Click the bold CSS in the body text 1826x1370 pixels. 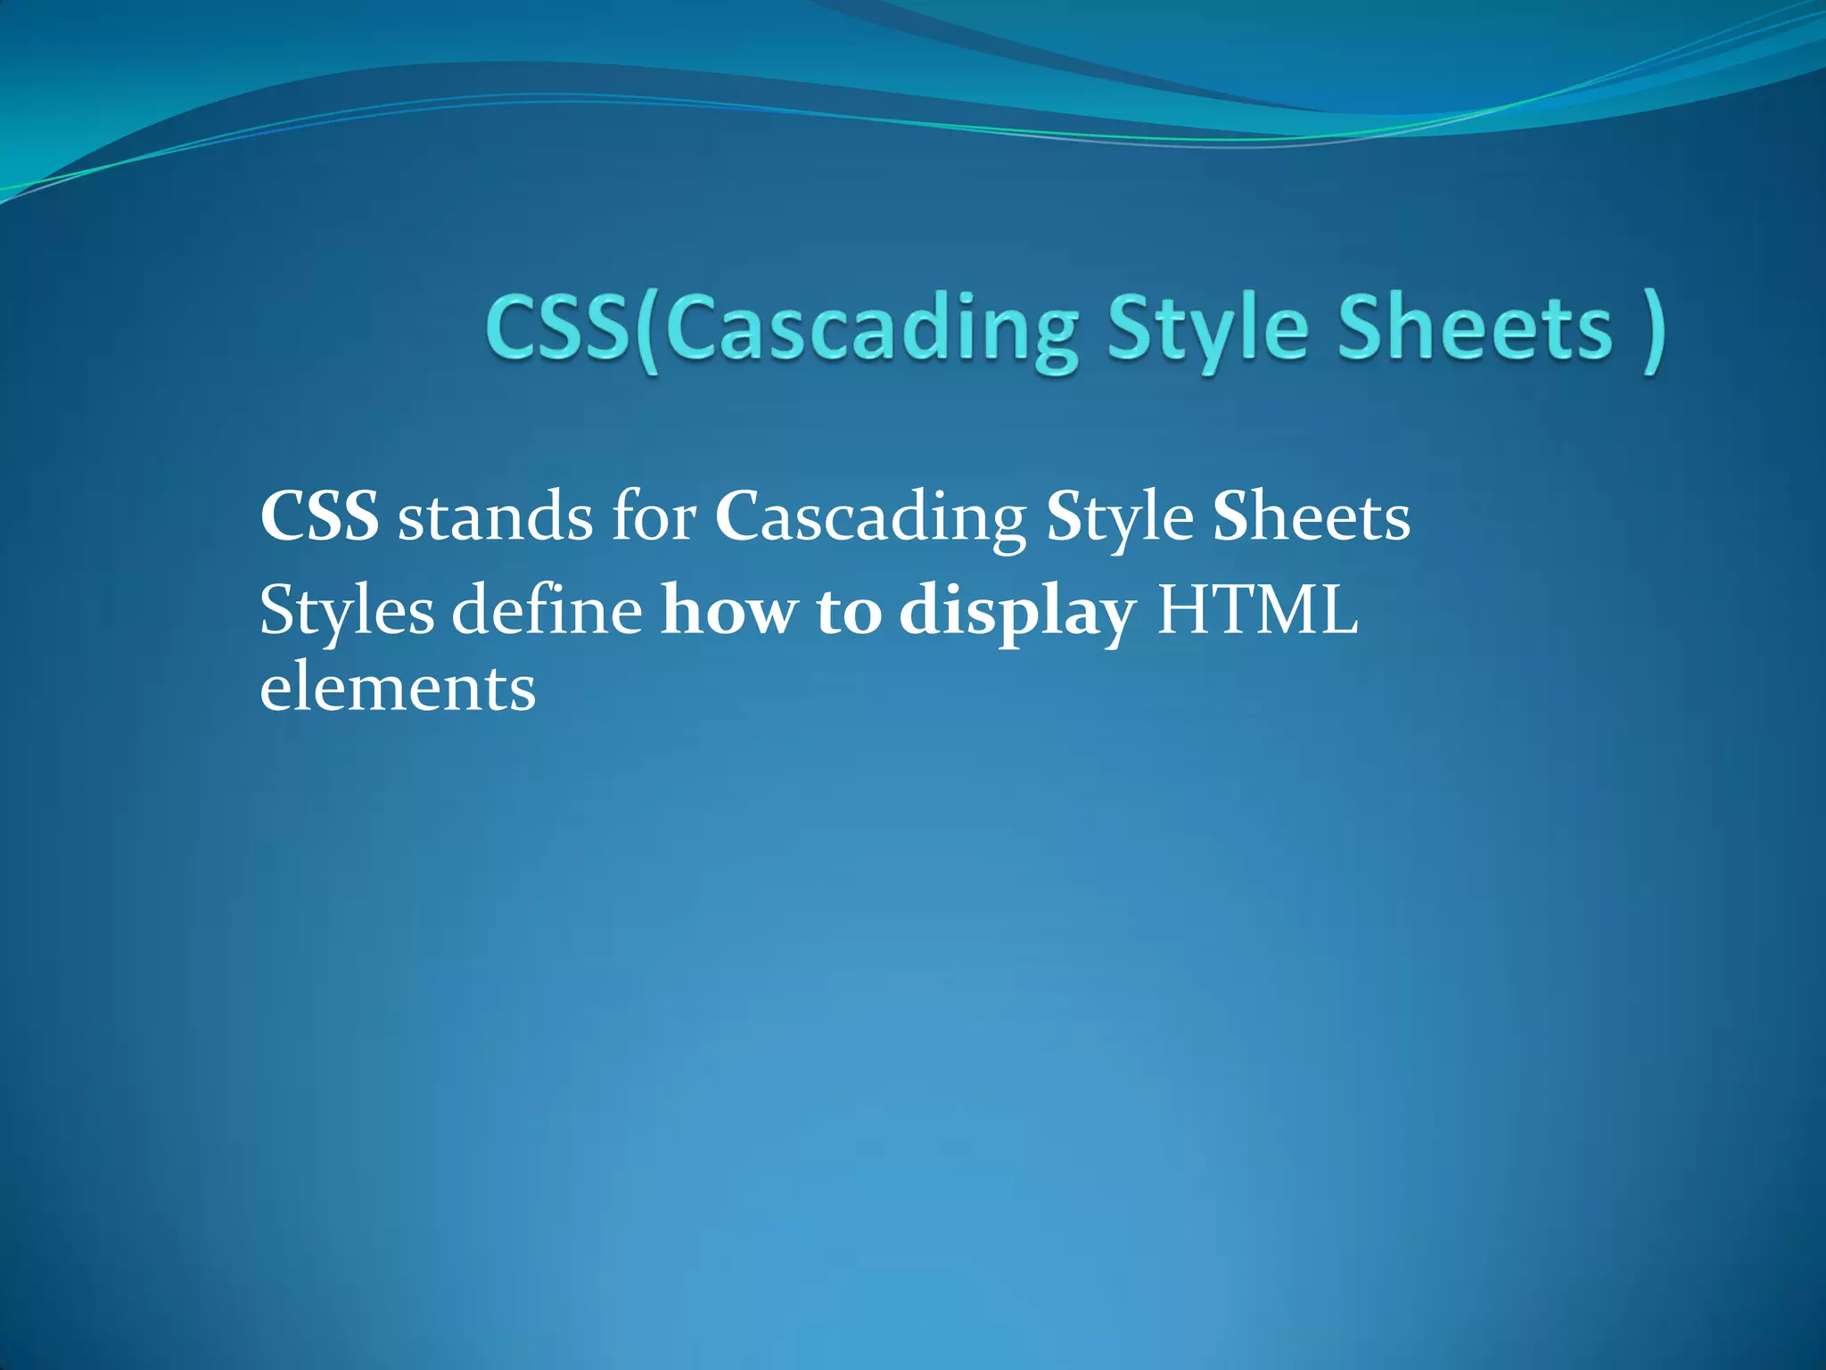pos(319,516)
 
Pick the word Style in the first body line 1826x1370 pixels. pos(1120,518)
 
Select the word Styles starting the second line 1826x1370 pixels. pos(347,613)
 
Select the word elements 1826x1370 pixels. pos(398,689)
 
